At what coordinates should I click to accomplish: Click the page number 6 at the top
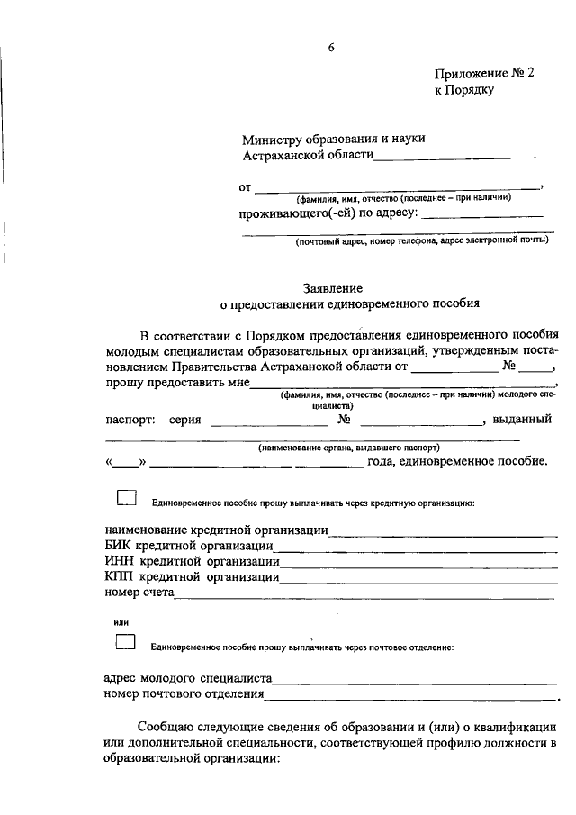[x=330, y=49]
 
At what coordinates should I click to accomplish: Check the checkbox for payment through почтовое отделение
[x=127, y=643]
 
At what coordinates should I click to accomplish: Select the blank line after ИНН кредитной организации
[x=418, y=563]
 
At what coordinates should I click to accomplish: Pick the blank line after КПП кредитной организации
[x=418, y=578]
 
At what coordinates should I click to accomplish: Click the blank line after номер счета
[x=364, y=594]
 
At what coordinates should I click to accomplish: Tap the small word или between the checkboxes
[x=121, y=622]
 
